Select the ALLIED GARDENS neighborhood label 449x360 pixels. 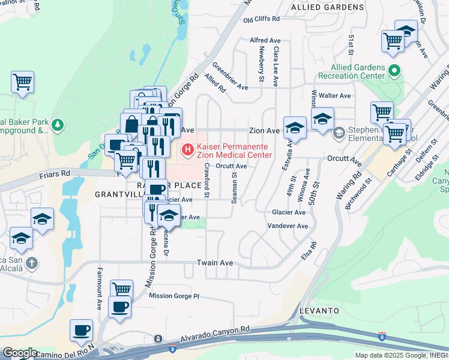pyautogui.click(x=327, y=7)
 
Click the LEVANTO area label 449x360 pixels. pyautogui.click(x=319, y=311)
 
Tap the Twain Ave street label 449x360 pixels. pyautogui.click(x=214, y=263)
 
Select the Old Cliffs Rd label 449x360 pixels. pyautogui.click(x=262, y=19)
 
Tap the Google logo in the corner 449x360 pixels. pyautogui.click(x=20, y=352)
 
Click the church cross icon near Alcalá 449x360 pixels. pyautogui.click(x=32, y=263)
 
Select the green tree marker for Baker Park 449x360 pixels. pyautogui.click(x=57, y=125)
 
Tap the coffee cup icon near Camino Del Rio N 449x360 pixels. pyautogui.click(x=82, y=331)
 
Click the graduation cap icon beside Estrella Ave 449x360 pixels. pyautogui.click(x=295, y=128)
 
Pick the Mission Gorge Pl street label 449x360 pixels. pyautogui.click(x=173, y=296)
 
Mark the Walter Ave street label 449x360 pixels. pyautogui.click(x=335, y=95)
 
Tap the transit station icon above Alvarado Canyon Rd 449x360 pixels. pyautogui.click(x=158, y=339)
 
